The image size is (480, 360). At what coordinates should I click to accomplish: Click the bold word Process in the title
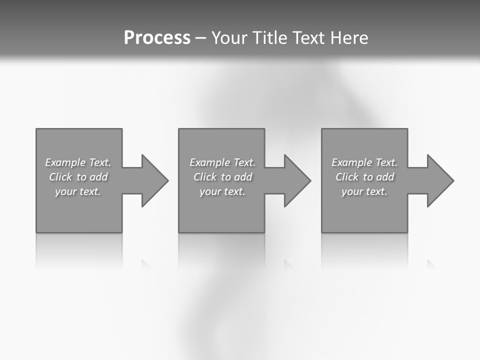[157, 38]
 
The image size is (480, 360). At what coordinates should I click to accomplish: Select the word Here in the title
[349, 38]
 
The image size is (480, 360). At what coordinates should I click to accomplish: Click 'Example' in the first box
[65, 162]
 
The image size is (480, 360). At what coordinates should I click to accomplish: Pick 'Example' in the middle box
[209, 162]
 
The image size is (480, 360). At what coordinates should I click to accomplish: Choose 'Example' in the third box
[351, 162]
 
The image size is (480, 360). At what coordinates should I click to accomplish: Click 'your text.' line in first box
[78, 191]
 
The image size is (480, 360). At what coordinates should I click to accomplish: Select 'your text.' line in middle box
[222, 191]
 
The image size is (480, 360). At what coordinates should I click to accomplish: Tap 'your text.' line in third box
[364, 191]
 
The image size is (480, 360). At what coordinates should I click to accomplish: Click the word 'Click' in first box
[60, 177]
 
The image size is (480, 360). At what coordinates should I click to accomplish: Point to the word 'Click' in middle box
[204, 177]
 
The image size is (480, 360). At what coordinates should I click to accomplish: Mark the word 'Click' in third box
[346, 177]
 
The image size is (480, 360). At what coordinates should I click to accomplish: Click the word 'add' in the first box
[99, 177]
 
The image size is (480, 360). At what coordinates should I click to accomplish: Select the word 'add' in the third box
[385, 177]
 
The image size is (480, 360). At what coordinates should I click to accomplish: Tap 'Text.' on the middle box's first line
[244, 162]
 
